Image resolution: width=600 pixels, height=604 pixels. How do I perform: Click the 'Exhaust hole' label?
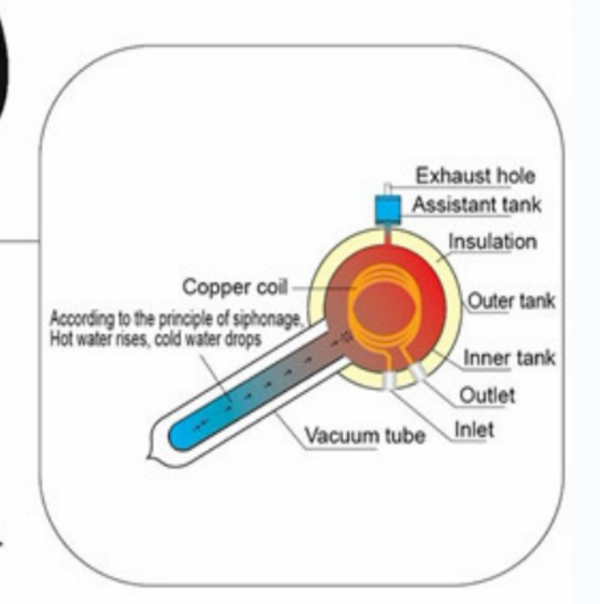476,176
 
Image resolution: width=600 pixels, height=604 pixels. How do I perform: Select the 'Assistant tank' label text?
477,205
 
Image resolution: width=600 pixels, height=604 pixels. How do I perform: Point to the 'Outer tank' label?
511,301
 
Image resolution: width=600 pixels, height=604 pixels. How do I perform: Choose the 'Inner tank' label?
509,358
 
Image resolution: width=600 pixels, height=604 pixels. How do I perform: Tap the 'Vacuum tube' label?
365,435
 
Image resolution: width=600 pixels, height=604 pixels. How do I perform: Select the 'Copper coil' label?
234,288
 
